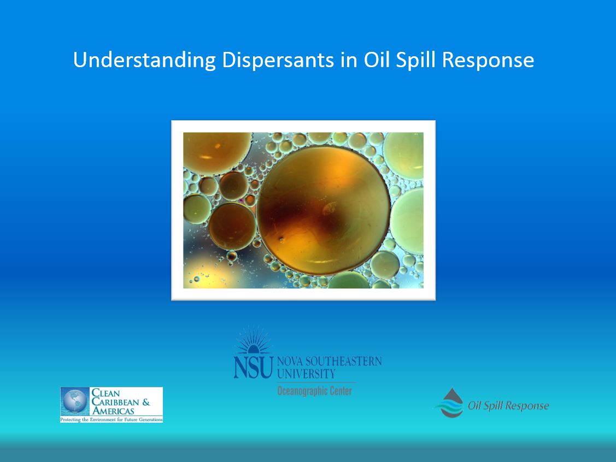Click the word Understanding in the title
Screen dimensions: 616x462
click(x=144, y=60)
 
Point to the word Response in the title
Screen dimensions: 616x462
click(x=488, y=61)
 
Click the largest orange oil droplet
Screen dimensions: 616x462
click(x=324, y=211)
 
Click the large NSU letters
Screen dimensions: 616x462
click(x=253, y=366)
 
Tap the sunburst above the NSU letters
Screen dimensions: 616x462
click(x=253, y=340)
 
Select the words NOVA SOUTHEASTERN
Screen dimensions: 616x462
click(x=329, y=361)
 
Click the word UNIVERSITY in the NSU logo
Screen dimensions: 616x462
click(x=306, y=374)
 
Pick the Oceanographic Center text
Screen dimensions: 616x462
click(x=314, y=390)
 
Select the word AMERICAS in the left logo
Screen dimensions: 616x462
click(x=113, y=411)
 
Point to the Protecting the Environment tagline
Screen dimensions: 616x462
click(x=111, y=419)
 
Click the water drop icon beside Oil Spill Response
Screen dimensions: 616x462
click(x=451, y=403)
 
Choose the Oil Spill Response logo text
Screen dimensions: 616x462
click(x=508, y=405)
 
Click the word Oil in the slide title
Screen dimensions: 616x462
click(x=377, y=60)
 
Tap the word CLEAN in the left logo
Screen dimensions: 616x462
click(x=105, y=393)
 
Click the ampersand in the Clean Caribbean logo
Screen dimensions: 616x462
click(x=146, y=402)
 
